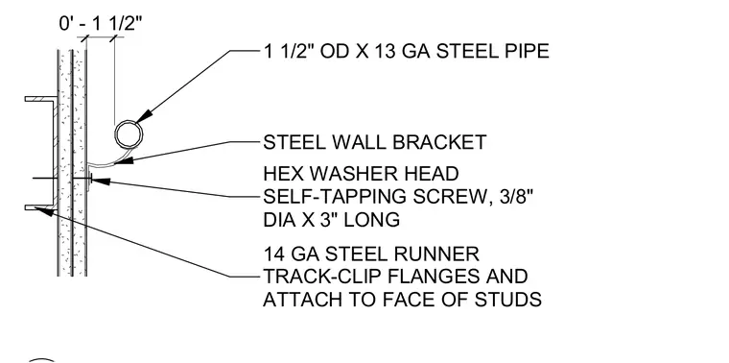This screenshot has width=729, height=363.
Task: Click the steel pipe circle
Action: pyautogui.click(x=116, y=135)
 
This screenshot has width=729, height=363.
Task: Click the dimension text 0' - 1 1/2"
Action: pyautogui.click(x=100, y=22)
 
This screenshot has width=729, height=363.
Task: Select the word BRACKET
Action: pyautogui.click(x=439, y=142)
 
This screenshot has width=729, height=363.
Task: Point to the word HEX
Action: pyautogui.click(x=283, y=174)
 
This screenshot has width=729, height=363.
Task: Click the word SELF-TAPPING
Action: pyautogui.click(x=329, y=197)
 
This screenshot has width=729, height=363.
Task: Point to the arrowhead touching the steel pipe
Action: pyautogui.click(x=145, y=116)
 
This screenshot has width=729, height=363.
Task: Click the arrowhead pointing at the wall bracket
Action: pyautogui.click(x=125, y=160)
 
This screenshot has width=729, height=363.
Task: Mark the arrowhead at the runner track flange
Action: pyautogui.click(x=44, y=212)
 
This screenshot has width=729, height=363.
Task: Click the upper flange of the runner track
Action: pyautogui.click(x=41, y=99)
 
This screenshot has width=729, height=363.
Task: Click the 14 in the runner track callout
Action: pyautogui.click(x=273, y=254)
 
